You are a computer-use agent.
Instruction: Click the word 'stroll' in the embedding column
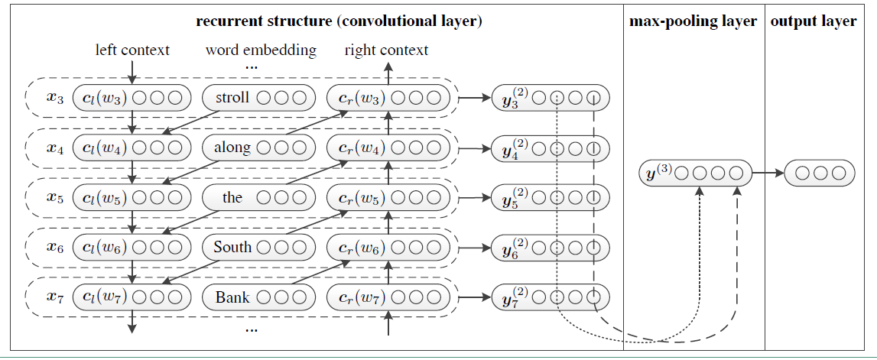pyautogui.click(x=232, y=98)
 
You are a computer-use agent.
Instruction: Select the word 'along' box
pyautogui.click(x=232, y=148)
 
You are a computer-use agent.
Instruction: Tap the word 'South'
pyautogui.click(x=232, y=248)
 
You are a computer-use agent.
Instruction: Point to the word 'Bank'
pyautogui.click(x=232, y=297)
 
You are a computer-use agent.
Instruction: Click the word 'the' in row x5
pyautogui.click(x=232, y=198)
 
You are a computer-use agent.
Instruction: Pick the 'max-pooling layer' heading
pyautogui.click(x=693, y=21)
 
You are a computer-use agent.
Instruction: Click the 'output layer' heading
pyautogui.click(x=813, y=21)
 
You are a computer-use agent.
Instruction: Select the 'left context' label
pyautogui.click(x=132, y=50)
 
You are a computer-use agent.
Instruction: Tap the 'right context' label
pyautogui.click(x=386, y=50)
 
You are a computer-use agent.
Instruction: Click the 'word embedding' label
pyautogui.click(x=261, y=50)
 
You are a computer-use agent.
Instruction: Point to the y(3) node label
pyautogui.click(x=658, y=173)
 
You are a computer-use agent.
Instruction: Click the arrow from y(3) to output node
pyautogui.click(x=768, y=174)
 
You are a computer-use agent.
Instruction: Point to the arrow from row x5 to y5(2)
pyautogui.click(x=474, y=198)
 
